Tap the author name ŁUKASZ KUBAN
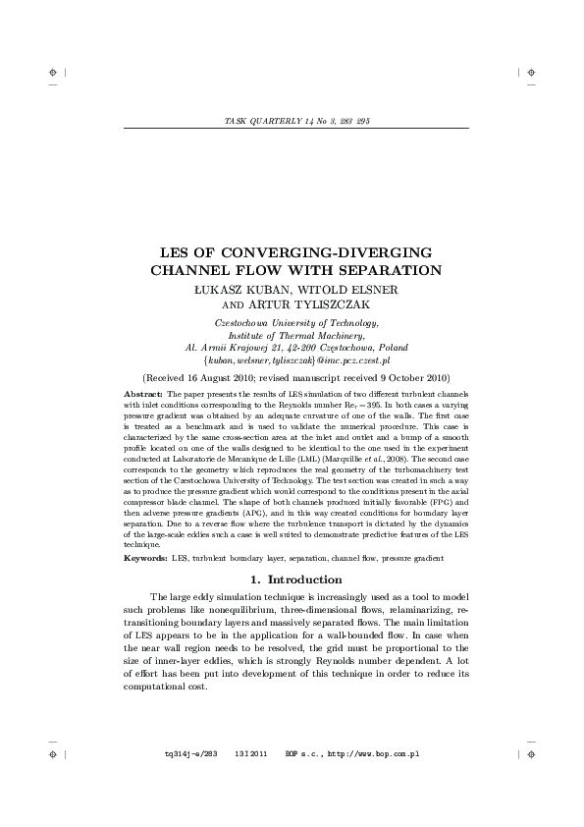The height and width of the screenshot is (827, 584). (x=240, y=291)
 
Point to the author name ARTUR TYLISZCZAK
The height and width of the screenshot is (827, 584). (x=316, y=305)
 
